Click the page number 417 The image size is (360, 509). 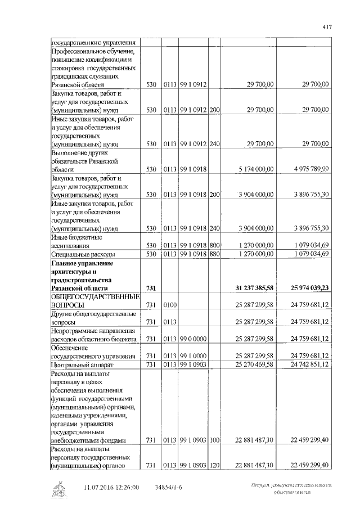point(328,26)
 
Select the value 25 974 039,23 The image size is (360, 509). point(306,287)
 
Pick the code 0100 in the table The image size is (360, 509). point(170,305)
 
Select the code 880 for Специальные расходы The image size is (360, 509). point(214,254)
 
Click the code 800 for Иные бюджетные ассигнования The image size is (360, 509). point(214,246)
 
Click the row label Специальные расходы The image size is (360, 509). point(78,254)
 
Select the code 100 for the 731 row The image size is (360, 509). point(214,440)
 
